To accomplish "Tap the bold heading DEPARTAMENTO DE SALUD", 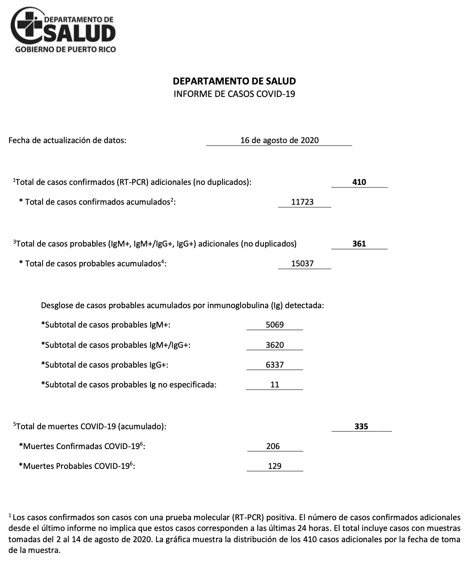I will point(234,81).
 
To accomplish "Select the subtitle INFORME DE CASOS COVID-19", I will point(234,94).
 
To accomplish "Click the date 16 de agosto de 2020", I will point(279,140).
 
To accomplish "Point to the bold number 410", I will point(359,182).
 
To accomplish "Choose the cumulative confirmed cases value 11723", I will point(302,202).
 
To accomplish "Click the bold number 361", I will point(359,243).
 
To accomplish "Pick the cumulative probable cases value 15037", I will point(302,263).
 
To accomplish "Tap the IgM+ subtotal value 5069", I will point(275,325).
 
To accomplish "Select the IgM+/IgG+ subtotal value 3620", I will point(275,345).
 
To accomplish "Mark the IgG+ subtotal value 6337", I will point(275,365).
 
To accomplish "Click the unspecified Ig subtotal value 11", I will point(275,384).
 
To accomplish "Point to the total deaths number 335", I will point(361,426).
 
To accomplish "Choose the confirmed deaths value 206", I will point(273,446).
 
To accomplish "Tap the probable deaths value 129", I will point(275,466).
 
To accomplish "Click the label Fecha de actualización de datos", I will point(68,140).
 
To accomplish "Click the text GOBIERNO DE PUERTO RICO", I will point(65,49).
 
